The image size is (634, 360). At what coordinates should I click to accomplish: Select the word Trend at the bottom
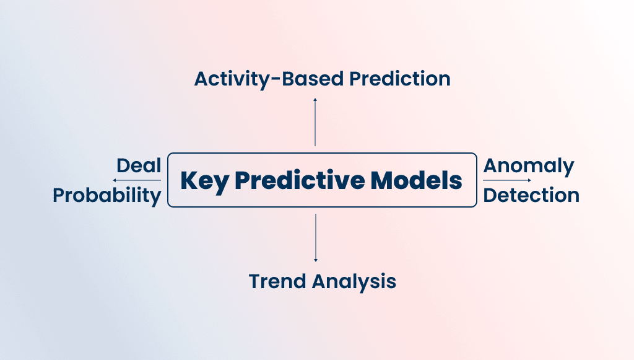pyautogui.click(x=277, y=281)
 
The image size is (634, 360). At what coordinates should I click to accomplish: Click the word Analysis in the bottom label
pyautogui.click(x=354, y=281)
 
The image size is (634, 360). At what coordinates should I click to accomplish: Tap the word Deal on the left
pyautogui.click(x=139, y=166)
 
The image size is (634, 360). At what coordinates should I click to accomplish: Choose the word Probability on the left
pyautogui.click(x=107, y=195)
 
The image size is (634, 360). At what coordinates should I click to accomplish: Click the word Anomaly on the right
pyautogui.click(x=529, y=166)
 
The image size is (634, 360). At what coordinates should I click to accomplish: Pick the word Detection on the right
pyautogui.click(x=531, y=195)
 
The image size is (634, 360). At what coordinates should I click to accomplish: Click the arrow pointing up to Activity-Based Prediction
pyautogui.click(x=315, y=122)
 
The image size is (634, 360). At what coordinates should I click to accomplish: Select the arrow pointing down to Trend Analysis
pyautogui.click(x=316, y=237)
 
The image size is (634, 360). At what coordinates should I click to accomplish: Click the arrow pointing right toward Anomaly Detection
pyautogui.click(x=506, y=180)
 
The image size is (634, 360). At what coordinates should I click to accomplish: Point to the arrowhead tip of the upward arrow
pyautogui.click(x=315, y=99)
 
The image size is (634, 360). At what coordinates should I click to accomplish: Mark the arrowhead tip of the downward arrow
pyautogui.click(x=316, y=260)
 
